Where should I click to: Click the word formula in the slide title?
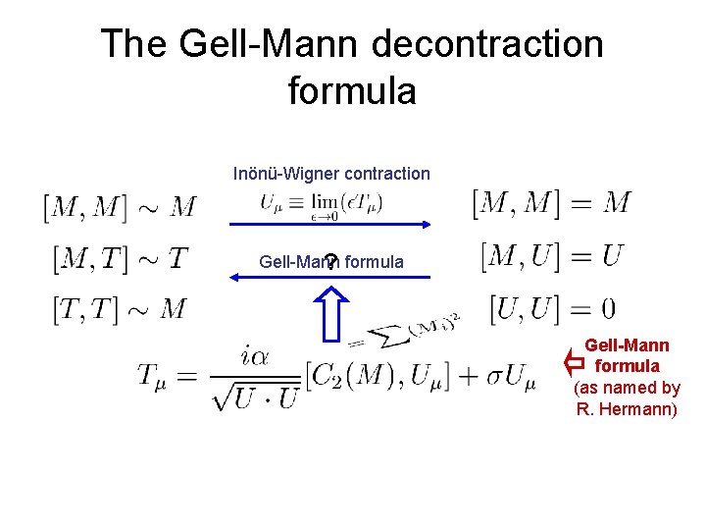coord(352,91)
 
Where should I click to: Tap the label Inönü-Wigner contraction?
coord(331,174)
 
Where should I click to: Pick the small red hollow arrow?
coord(574,364)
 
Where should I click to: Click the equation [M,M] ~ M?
coord(119,206)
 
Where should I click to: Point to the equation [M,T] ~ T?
coord(120,258)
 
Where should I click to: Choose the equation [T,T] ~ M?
coord(120,310)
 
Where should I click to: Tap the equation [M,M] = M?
coord(551,203)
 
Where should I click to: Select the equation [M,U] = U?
coord(552,257)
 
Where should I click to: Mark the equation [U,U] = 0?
coord(552,310)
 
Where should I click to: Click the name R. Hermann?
coord(627,408)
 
